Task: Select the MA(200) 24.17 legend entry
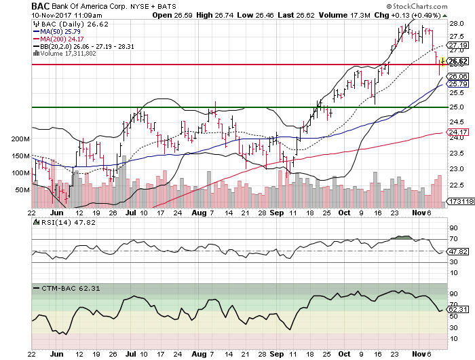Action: click(x=66, y=39)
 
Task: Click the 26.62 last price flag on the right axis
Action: click(x=459, y=62)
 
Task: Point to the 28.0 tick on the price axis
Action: click(x=456, y=23)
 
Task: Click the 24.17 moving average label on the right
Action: click(x=459, y=132)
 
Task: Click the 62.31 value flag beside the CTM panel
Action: click(x=459, y=310)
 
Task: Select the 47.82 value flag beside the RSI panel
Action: click(x=459, y=251)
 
